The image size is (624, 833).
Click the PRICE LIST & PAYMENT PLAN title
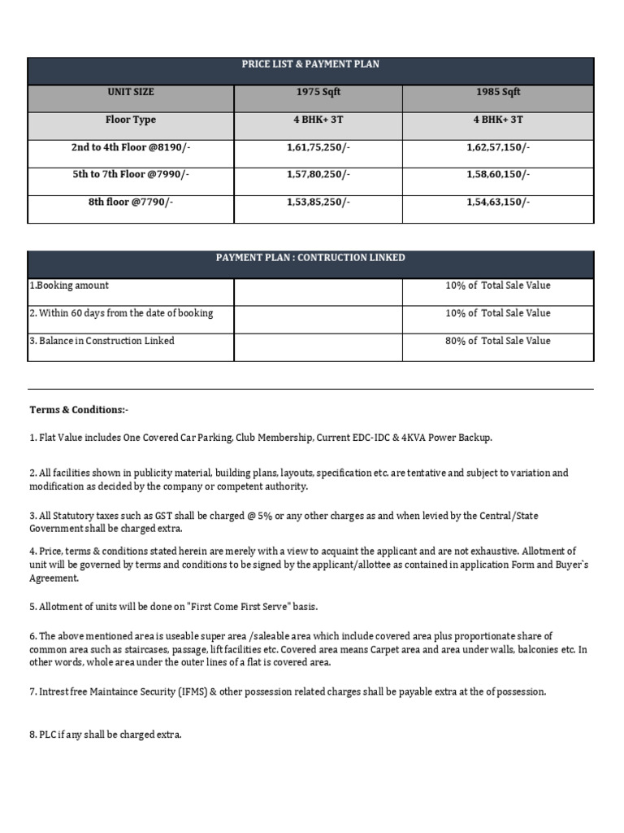(310, 65)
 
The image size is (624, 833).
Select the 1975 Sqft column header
(318, 92)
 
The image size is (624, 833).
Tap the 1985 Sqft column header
(498, 92)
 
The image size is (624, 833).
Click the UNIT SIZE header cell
(131, 92)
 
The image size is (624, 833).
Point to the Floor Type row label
(131, 120)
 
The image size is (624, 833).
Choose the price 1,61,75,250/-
(318, 147)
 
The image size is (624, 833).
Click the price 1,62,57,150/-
(498, 147)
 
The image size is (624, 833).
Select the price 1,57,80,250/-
(318, 175)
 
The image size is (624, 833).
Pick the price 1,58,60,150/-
(498, 175)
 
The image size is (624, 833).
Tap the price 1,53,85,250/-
(318, 203)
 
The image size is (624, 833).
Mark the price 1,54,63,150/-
(498, 203)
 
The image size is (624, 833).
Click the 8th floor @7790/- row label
(131, 203)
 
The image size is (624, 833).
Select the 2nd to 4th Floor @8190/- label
(131, 147)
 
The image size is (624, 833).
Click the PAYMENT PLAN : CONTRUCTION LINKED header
(310, 258)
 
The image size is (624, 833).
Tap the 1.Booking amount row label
(69, 286)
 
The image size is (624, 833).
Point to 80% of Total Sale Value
(497, 341)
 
